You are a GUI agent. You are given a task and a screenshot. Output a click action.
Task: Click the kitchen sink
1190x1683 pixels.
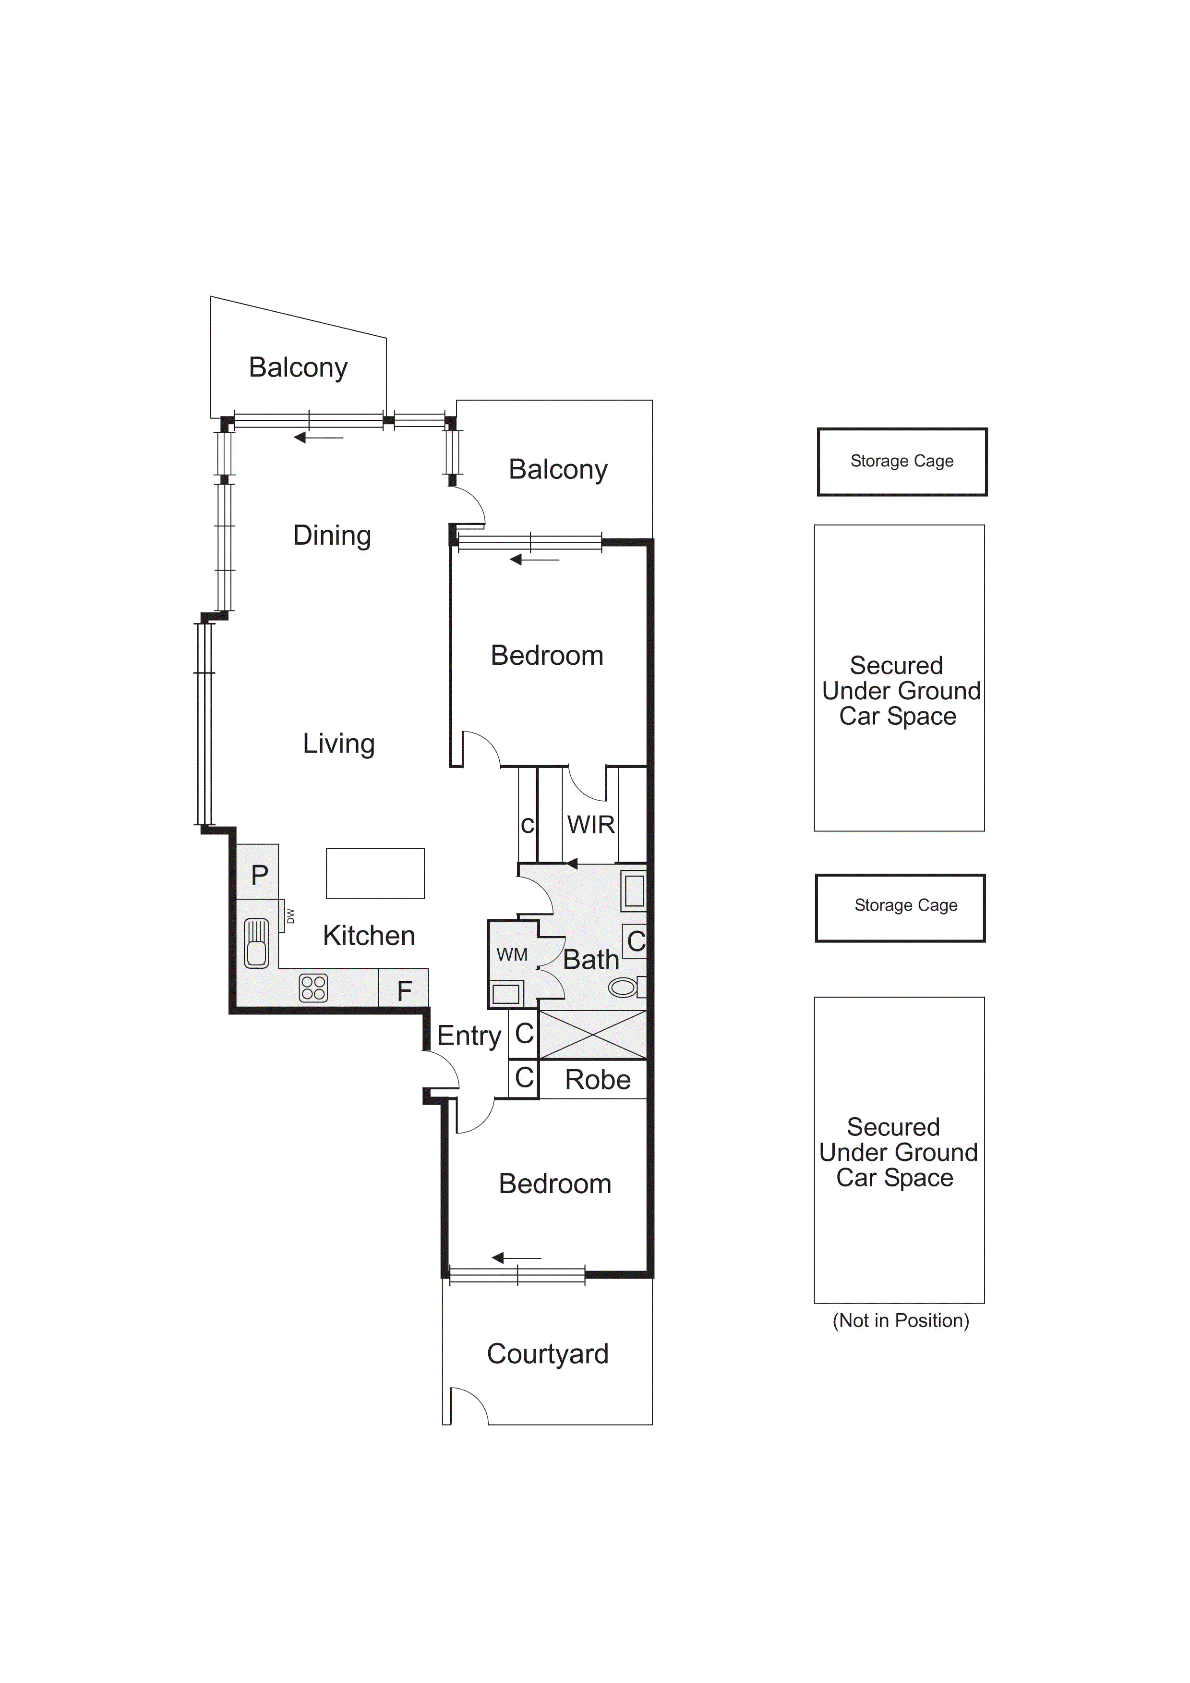256,943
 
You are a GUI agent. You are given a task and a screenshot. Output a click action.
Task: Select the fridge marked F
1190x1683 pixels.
404,991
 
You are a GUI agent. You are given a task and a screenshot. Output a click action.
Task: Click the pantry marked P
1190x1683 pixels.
259,875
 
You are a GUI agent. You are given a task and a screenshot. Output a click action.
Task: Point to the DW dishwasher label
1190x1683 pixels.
290,915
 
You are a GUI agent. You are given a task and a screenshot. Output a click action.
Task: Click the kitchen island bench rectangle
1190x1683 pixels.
375,873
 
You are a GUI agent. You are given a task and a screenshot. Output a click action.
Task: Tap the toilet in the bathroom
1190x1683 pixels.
625,988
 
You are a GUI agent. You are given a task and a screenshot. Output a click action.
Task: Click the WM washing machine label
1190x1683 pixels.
511,954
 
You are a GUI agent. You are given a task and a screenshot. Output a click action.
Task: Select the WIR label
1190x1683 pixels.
590,825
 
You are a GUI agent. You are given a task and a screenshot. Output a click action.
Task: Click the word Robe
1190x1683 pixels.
598,1080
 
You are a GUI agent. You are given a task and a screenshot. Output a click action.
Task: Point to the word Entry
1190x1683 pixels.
469,1036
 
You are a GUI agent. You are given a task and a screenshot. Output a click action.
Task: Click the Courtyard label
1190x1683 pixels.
547,1354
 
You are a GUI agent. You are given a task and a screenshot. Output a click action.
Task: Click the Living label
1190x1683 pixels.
338,743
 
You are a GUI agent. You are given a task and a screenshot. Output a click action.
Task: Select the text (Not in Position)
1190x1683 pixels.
901,1320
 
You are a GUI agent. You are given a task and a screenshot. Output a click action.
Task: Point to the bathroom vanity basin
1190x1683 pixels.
634,891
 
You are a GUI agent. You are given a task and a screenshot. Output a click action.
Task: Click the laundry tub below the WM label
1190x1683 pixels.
505,994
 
